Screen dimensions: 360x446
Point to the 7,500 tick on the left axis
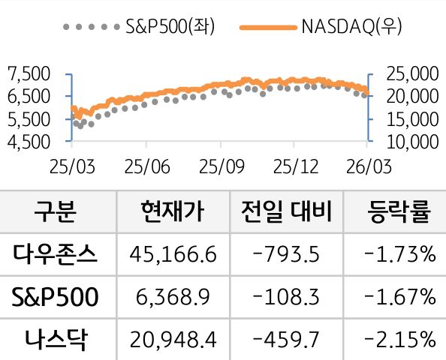click(x=28, y=73)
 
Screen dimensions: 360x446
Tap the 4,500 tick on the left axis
click(x=28, y=140)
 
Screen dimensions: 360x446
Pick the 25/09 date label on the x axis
click(x=220, y=164)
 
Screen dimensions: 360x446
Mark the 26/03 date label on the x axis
click(x=368, y=164)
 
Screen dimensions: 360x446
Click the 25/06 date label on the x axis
click(x=146, y=164)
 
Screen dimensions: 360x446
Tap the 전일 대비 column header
click(x=288, y=212)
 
